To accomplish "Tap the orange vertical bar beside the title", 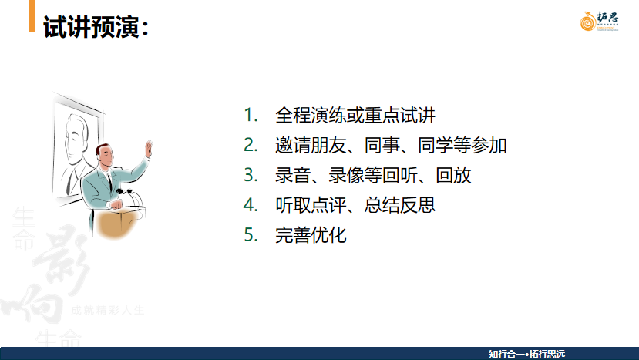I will pos(31,16).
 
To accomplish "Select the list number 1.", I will pos(249,116).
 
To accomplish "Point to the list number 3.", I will pos(249,176).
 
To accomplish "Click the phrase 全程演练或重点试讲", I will pos(355,116).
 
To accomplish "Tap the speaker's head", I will pos(106,153).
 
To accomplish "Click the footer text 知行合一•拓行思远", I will pos(526,354).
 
